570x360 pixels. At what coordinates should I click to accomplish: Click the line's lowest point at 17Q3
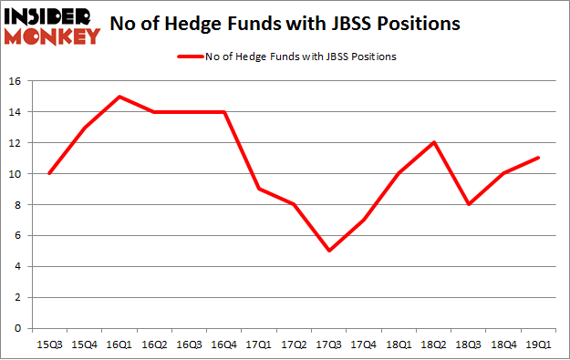pos(327,251)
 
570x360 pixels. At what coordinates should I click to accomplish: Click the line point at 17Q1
pos(258,189)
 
